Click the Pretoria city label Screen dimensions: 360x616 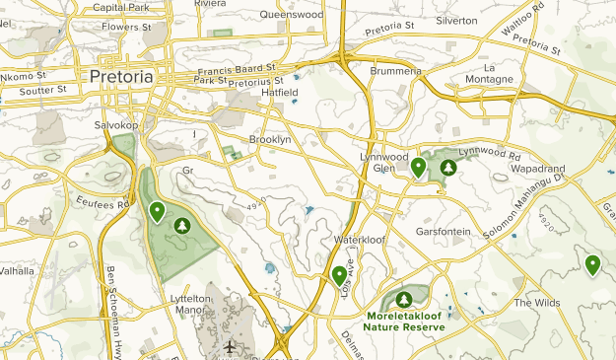(121, 76)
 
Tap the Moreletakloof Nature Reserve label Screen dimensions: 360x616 (403, 321)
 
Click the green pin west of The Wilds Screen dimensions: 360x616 (591, 264)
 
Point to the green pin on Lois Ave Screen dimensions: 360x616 (339, 275)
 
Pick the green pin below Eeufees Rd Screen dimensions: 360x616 (157, 211)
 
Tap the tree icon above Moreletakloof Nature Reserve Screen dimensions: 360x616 (403, 298)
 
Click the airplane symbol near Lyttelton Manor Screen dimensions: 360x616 (230, 347)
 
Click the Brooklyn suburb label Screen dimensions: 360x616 (270, 140)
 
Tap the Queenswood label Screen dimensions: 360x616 (292, 16)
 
